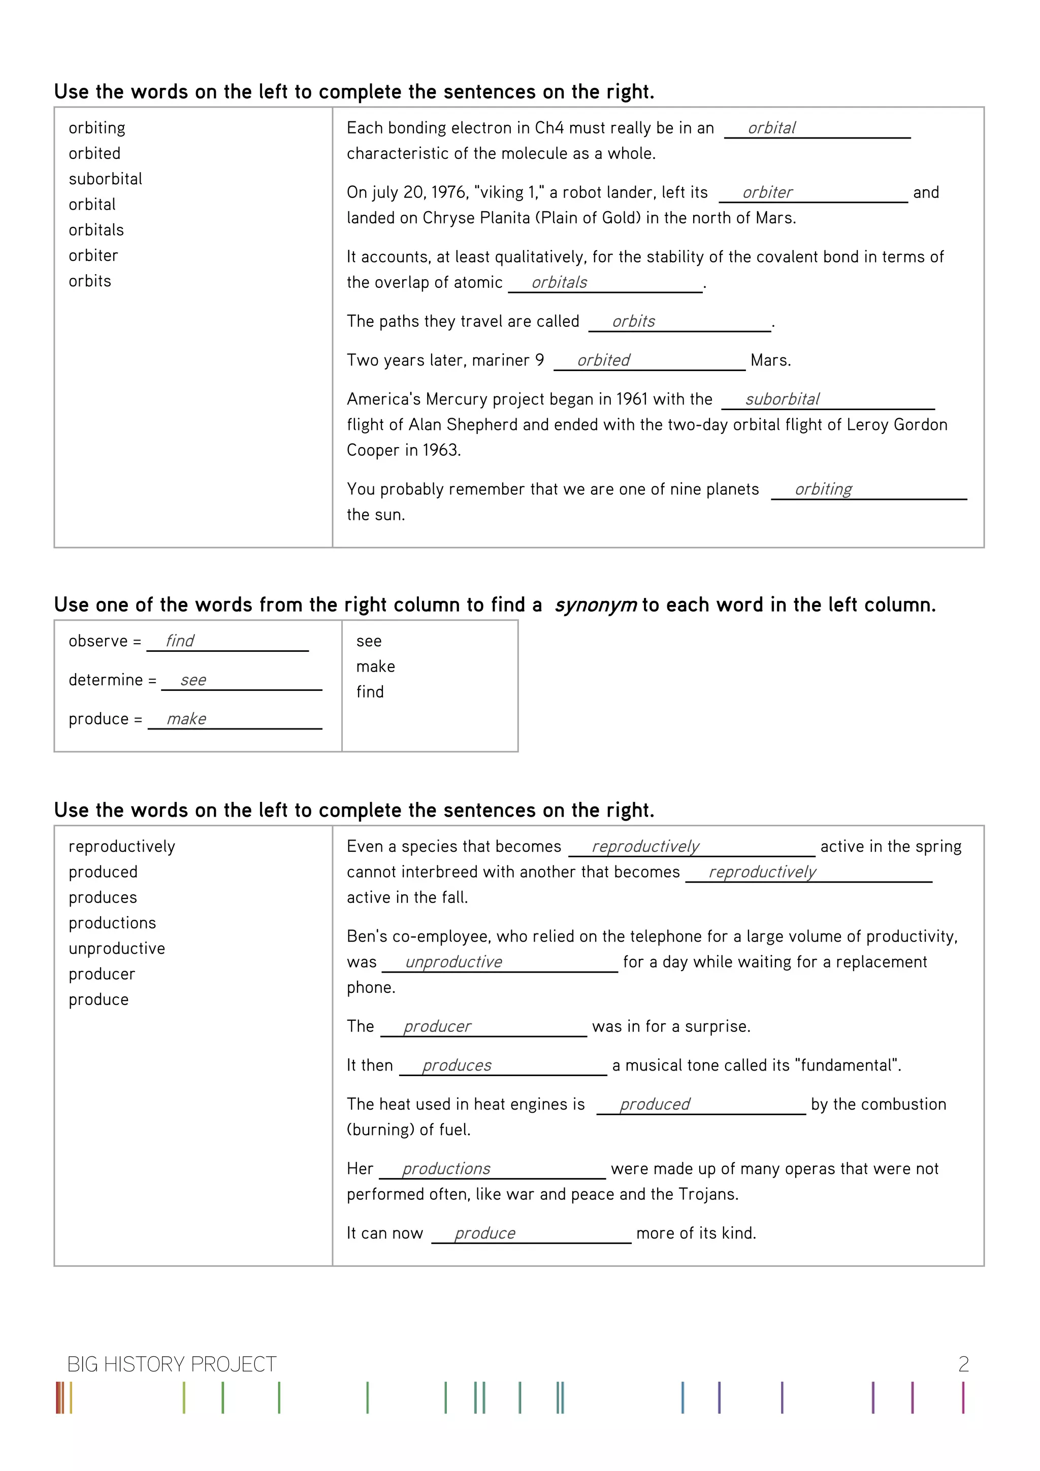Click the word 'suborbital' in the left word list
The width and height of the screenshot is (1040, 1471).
click(105, 179)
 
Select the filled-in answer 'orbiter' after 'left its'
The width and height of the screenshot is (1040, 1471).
click(767, 192)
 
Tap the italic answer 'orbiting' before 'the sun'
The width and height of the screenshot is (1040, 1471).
click(823, 489)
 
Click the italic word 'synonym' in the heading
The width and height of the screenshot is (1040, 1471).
click(595, 605)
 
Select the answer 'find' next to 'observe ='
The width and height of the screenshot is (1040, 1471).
click(179, 641)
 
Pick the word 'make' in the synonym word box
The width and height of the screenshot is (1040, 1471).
click(375, 666)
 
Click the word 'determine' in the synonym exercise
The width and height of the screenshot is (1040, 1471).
click(106, 680)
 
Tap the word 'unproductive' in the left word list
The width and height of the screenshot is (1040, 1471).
click(117, 948)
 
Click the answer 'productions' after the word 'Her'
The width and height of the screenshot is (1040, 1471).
click(446, 1168)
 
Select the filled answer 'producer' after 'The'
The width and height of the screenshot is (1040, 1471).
click(437, 1026)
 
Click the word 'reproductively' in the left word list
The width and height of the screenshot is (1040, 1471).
click(122, 846)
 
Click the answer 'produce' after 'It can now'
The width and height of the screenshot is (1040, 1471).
click(484, 1233)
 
